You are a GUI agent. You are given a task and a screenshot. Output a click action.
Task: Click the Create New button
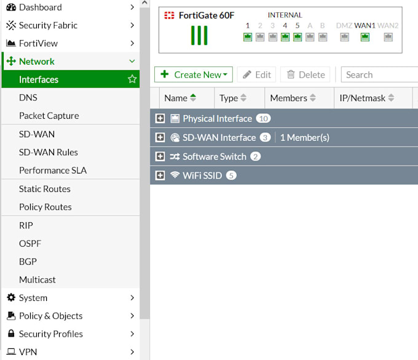point(193,74)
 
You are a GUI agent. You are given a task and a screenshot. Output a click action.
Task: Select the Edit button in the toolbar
point(256,74)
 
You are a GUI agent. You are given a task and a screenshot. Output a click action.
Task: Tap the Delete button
point(305,74)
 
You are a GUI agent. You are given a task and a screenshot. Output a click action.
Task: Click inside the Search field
point(378,74)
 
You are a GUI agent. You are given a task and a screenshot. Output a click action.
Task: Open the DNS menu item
point(28,97)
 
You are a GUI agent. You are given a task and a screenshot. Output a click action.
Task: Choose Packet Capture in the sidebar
point(49,116)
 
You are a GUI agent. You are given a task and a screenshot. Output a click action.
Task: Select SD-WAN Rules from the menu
point(48,152)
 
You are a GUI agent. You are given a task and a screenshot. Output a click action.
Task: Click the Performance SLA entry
point(52,170)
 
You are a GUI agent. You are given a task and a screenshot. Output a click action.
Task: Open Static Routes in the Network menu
point(44,189)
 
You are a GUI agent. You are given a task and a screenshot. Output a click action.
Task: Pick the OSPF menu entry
point(30,243)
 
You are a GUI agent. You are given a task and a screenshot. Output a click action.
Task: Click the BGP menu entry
point(28,262)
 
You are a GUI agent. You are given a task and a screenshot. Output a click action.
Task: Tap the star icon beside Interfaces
point(132,79)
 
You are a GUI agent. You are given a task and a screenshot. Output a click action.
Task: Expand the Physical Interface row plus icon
point(160,119)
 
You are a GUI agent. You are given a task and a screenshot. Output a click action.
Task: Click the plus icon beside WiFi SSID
point(160,175)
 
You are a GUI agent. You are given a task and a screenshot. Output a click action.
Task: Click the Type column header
point(232,98)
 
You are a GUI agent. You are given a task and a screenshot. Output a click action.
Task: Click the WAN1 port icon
point(365,37)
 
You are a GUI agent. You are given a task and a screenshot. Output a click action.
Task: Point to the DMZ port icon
point(344,37)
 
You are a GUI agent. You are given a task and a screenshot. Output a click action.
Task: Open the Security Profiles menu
point(50,334)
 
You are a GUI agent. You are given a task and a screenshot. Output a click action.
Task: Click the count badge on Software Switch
point(255,156)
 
